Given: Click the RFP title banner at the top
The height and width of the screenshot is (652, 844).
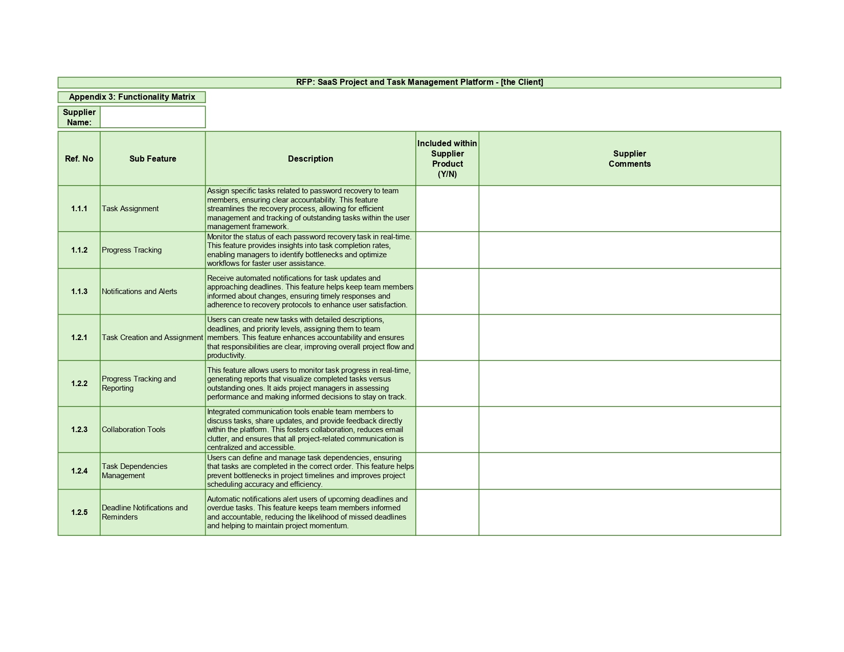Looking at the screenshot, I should coord(419,82).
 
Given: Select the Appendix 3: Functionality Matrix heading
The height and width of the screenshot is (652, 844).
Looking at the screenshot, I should coord(132,97).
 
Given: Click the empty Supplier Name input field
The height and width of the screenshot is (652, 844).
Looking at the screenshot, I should coord(152,117).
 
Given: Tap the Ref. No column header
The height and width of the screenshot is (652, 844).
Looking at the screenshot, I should coord(79,159).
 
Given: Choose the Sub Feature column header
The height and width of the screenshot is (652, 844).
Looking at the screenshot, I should coord(152,159).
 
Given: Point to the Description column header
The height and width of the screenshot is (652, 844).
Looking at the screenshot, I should coord(310,159).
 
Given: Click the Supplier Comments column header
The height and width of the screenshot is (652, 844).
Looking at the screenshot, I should coord(629,159).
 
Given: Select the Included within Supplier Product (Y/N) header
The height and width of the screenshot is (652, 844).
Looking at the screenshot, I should coord(447,159).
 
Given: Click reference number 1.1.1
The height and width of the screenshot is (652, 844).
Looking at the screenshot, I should coord(79,209).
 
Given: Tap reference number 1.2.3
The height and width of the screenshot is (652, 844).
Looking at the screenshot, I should coord(79,430).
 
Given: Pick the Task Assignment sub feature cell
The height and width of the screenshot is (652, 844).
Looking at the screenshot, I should coord(130,209).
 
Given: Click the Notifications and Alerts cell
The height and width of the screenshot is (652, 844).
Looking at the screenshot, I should coord(139,291).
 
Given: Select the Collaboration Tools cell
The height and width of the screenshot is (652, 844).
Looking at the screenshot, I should coord(134,430).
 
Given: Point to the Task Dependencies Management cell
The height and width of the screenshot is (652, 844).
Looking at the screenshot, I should coord(135,471).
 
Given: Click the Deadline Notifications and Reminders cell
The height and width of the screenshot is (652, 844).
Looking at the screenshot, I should coord(145,512).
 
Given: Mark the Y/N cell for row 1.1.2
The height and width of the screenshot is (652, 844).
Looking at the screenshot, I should coord(447,250).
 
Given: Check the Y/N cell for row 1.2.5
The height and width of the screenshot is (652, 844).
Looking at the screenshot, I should coord(447,512).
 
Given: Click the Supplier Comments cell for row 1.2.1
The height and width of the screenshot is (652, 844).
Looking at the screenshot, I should coord(629,338).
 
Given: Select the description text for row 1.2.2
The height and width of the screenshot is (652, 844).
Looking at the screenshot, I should coord(309,384).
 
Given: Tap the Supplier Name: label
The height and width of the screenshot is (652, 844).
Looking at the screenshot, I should coord(79,117).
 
